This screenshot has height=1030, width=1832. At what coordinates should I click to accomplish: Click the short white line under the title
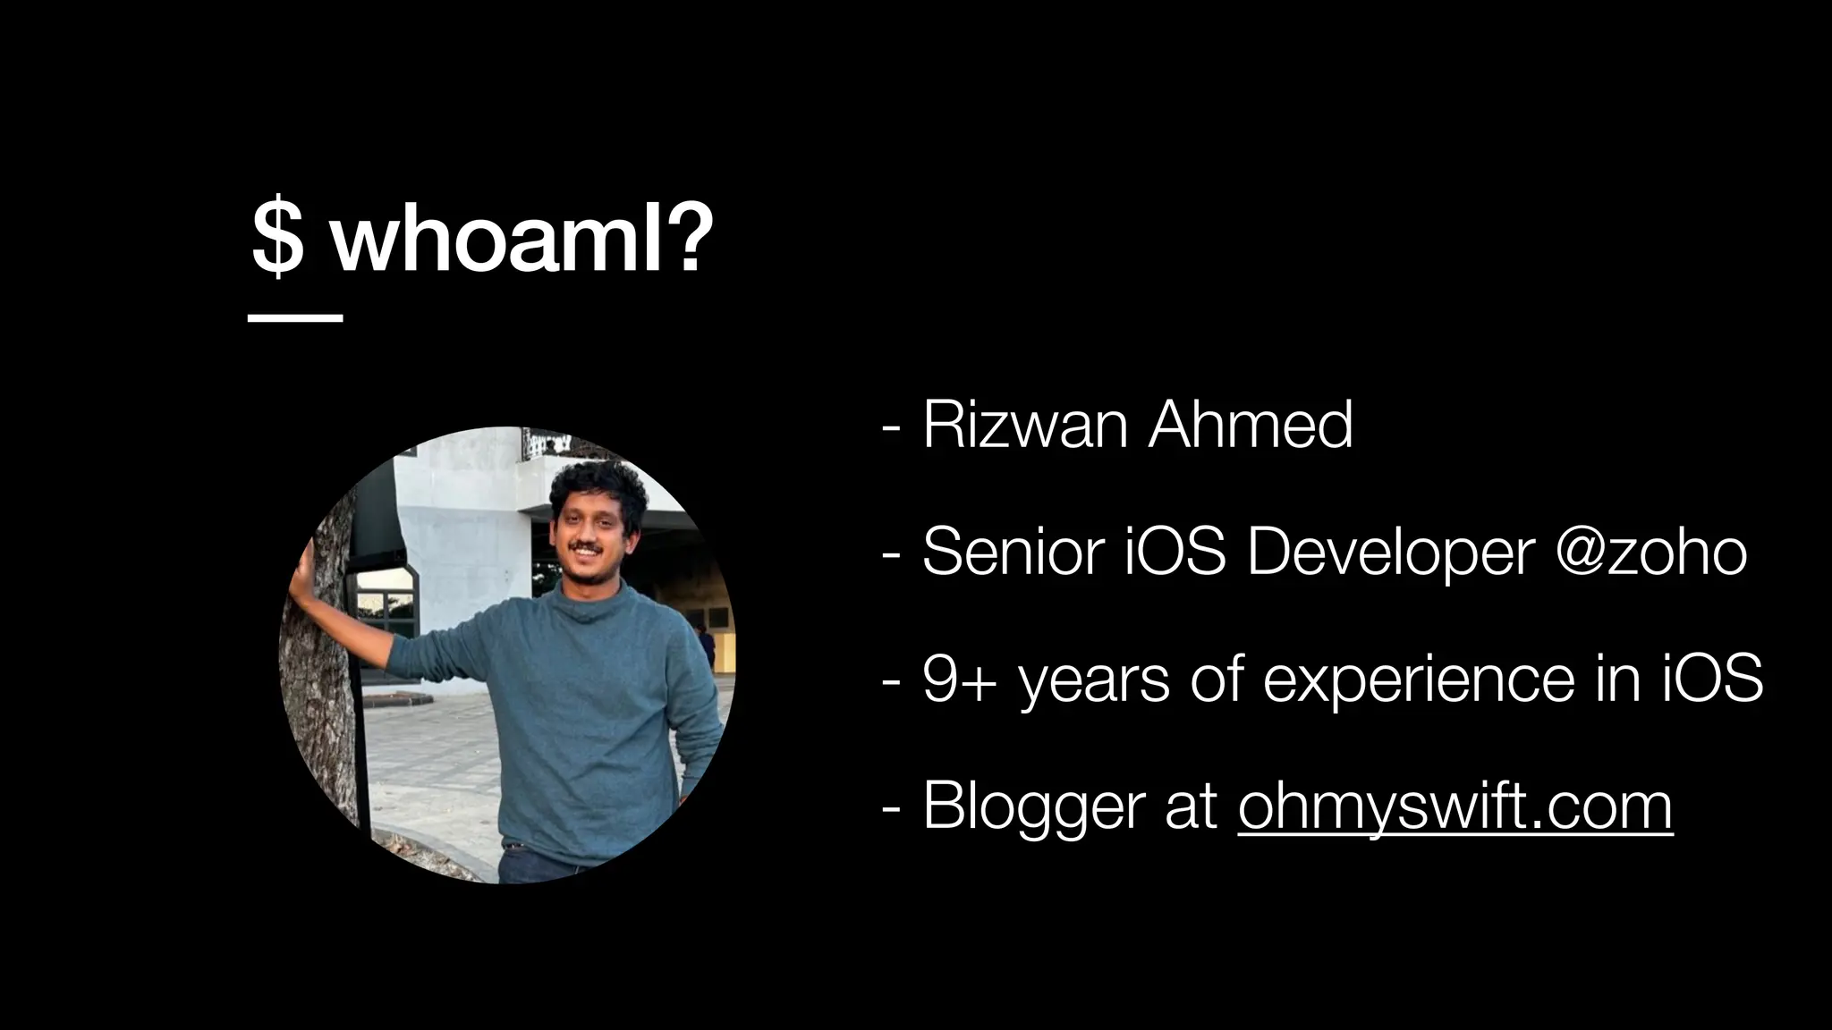coord(295,317)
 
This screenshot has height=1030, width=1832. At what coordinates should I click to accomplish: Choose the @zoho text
coord(1650,552)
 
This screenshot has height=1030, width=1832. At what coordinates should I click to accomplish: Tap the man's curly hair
coord(598,487)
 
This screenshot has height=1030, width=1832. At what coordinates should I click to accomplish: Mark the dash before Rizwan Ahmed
coord(890,427)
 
